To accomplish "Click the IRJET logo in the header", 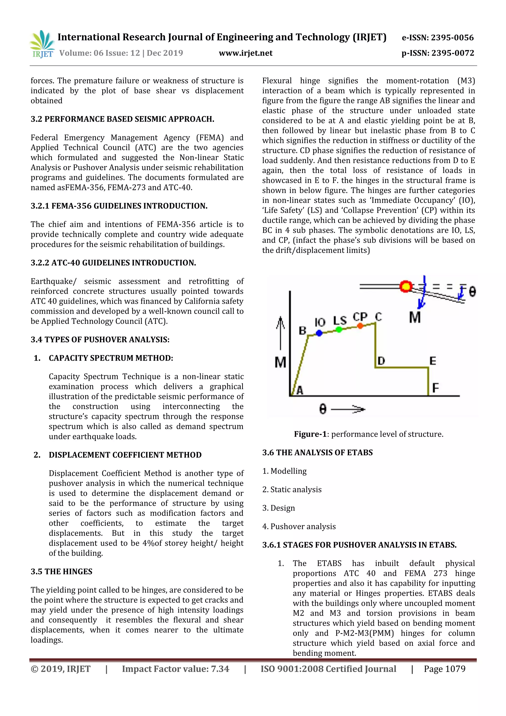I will click(42, 44).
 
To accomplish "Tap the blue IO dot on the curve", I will click(319, 333).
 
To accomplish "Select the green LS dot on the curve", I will click(339, 329).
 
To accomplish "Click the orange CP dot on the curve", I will click(360, 326).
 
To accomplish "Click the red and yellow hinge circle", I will click(406, 286).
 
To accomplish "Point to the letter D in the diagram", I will click(381, 361).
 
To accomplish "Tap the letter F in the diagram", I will click(435, 388).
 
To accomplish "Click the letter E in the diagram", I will click(433, 361).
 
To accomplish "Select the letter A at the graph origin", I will click(300, 390).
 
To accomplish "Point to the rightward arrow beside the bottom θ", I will click(348, 409).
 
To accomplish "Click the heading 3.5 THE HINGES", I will click(62, 571).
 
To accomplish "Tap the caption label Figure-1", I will click(310, 434).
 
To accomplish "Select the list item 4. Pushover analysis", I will click(299, 526).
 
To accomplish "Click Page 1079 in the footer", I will click(444, 669).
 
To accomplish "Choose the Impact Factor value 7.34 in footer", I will click(175, 669).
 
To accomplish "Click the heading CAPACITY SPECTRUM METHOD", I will click(111, 358).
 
